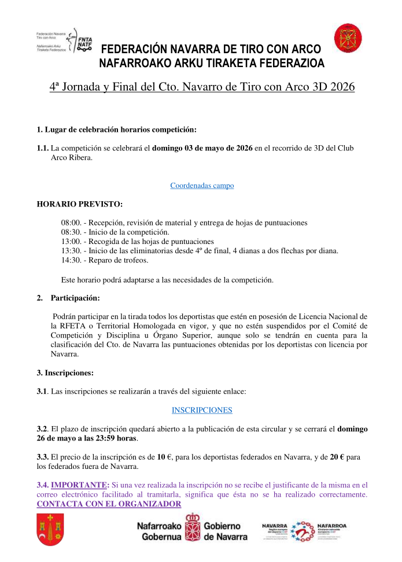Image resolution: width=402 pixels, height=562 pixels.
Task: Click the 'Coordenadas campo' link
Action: point(202,186)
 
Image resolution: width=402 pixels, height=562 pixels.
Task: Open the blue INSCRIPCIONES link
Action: point(202,410)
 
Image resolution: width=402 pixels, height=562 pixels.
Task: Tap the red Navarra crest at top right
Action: point(348,39)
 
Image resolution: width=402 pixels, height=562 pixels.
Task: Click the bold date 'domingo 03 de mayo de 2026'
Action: point(202,149)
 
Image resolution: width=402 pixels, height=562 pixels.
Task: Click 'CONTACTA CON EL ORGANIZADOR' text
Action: point(109,504)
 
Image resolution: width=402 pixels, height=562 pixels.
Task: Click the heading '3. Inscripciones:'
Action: point(65,373)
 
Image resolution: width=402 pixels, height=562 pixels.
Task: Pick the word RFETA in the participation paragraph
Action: point(62,326)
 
